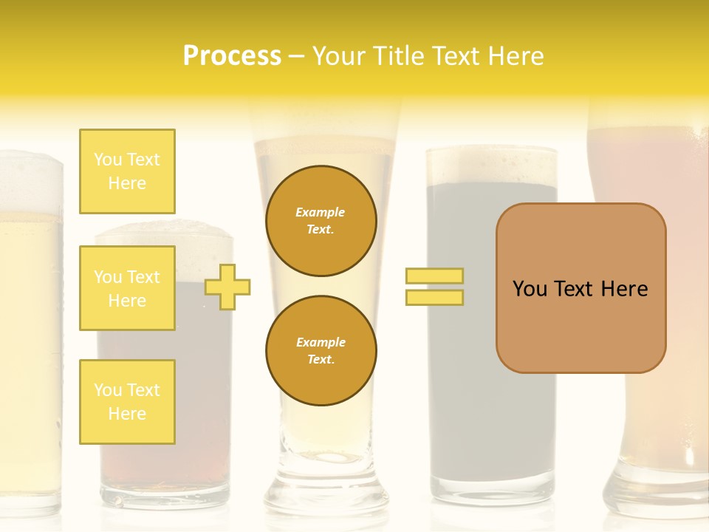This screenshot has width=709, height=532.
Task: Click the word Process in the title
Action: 232,56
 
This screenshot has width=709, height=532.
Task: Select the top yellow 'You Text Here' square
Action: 127,171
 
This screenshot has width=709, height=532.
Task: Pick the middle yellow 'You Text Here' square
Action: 127,288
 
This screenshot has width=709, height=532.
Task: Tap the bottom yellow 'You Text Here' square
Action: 127,402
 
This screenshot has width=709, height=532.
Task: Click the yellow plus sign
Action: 227,287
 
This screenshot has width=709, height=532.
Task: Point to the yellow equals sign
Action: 434,287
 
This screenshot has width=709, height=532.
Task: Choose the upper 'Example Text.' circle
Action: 321,221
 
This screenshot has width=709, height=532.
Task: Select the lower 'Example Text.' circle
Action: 321,351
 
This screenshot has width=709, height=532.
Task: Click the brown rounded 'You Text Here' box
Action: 580,288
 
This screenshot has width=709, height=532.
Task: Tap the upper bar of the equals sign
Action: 434,276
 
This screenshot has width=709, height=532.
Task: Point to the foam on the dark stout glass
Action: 491,164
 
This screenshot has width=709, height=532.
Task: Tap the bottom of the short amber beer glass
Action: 164,491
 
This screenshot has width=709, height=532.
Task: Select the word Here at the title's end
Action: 517,56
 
